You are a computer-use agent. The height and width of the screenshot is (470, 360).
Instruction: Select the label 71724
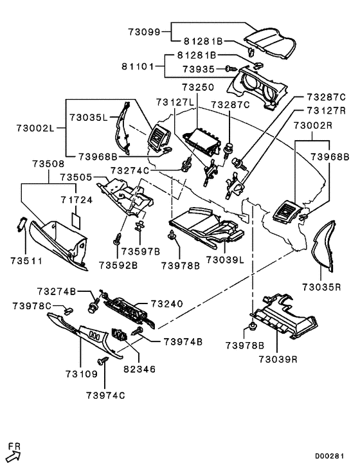coord(76,200)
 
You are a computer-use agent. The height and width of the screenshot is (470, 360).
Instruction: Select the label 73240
coord(167,303)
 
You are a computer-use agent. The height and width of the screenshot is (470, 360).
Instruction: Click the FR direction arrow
coord(14,455)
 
